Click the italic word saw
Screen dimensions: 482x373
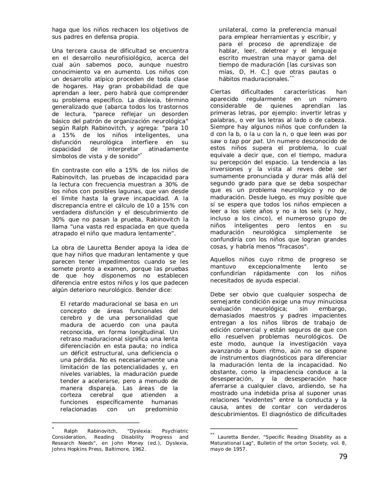216,141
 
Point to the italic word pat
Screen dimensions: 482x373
258,141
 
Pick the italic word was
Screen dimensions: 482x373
330,134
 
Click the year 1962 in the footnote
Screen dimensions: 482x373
139,449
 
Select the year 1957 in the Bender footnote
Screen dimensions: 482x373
240,449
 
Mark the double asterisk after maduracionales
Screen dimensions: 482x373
292,77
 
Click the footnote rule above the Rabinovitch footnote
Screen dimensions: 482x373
95,423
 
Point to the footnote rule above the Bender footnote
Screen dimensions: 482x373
254,429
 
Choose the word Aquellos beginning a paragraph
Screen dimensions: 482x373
222,259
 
